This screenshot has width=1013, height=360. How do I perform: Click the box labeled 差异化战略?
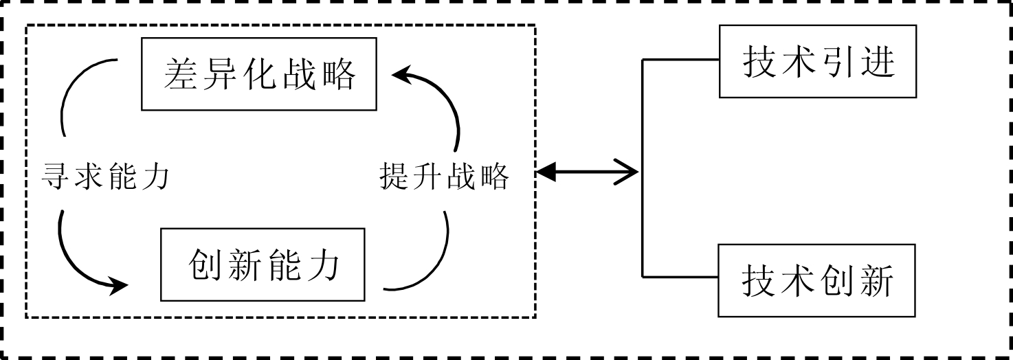[x=260, y=74]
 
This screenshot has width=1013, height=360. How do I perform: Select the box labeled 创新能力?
[x=264, y=265]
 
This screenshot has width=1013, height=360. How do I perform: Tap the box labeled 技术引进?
[x=818, y=62]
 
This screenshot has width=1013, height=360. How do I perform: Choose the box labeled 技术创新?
[x=818, y=280]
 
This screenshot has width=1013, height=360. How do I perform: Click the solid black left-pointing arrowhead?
[x=546, y=172]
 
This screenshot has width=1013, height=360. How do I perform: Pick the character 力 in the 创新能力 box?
[x=325, y=265]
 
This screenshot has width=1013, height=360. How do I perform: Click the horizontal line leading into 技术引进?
[x=680, y=60]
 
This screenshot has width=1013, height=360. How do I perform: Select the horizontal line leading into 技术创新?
[x=680, y=278]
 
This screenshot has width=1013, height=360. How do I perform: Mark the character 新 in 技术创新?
[x=878, y=280]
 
